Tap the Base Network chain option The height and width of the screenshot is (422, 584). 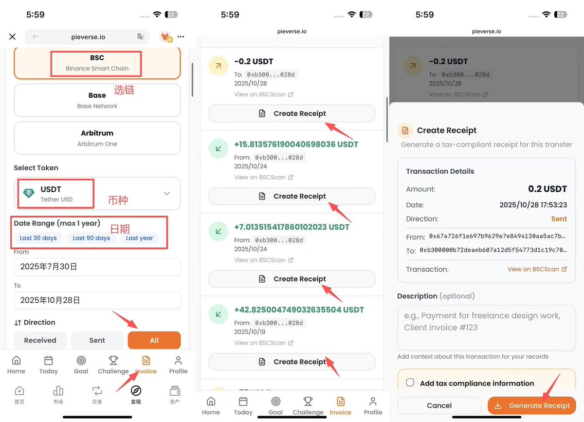pyautogui.click(x=97, y=100)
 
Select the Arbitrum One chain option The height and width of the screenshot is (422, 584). pyautogui.click(x=97, y=138)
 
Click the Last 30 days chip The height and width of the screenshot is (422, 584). pyautogui.click(x=38, y=238)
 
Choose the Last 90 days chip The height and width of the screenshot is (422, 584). pyautogui.click(x=91, y=238)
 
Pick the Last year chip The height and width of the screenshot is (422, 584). pyautogui.click(x=139, y=238)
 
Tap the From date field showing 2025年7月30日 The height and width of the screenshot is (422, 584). pyautogui.click(x=97, y=267)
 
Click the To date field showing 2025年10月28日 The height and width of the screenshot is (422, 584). pyautogui.click(x=97, y=300)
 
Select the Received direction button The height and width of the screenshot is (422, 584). pyautogui.click(x=40, y=340)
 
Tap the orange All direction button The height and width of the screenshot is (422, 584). pyautogui.click(x=154, y=340)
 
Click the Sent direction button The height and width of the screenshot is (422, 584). pyautogui.click(x=97, y=340)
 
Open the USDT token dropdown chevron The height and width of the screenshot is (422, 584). pyautogui.click(x=167, y=193)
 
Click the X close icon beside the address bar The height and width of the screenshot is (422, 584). pyautogui.click(x=13, y=37)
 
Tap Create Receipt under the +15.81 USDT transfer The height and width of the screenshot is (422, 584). pyautogui.click(x=292, y=196)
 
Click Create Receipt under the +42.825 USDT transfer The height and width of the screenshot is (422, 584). pyautogui.click(x=292, y=362)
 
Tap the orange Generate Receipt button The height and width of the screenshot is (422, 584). pyautogui.click(x=532, y=405)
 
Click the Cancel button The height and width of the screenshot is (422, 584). pyautogui.click(x=439, y=405)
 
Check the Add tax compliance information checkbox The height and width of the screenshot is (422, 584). pyautogui.click(x=410, y=383)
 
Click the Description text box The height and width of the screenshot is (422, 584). pyautogui.click(x=486, y=327)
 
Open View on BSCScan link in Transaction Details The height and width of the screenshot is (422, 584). pyautogui.click(x=537, y=269)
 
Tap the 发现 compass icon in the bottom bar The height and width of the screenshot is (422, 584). pyautogui.click(x=136, y=391)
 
